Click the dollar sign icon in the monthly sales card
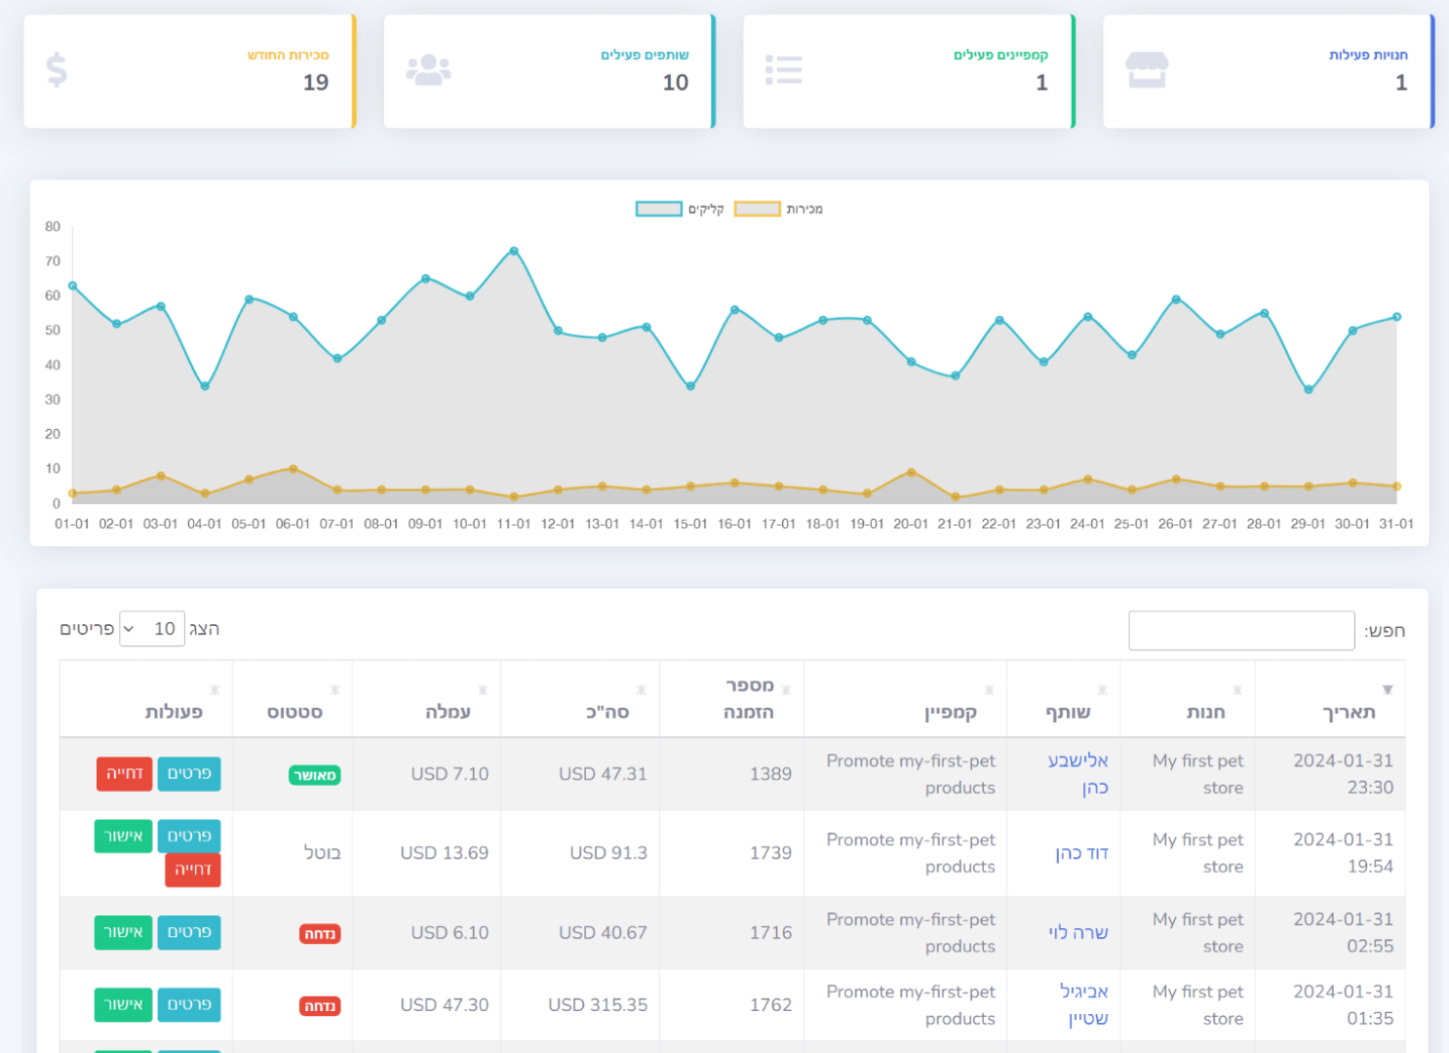(57, 70)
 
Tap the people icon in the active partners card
(428, 70)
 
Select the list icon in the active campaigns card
(784, 70)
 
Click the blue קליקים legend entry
(680, 209)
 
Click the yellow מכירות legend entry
(778, 209)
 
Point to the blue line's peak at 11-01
(514, 252)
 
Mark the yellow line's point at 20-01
(911, 473)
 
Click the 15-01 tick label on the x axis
(690, 525)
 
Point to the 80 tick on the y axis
(53, 227)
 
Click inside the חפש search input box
(1240, 631)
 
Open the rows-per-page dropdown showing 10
(152, 629)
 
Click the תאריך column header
(1348, 712)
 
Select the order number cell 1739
(770, 853)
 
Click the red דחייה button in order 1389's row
(125, 774)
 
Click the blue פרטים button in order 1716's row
(189, 933)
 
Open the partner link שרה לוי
(1078, 933)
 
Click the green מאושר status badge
(315, 776)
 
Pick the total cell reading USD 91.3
(608, 853)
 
